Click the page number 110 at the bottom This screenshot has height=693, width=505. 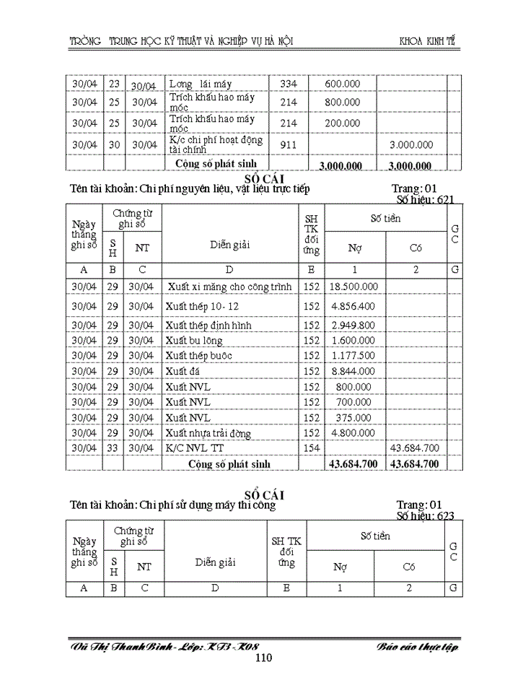pos(263,658)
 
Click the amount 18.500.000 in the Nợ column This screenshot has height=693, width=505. pos(354,287)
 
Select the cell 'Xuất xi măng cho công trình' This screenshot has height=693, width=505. pos(229,287)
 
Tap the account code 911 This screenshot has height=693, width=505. pos(289,144)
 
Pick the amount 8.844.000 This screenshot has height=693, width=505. pos(354,371)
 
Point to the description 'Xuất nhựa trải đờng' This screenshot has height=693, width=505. pos(208,433)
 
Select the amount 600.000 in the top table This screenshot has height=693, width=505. pos(343,84)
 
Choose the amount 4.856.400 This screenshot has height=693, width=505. pos(354,306)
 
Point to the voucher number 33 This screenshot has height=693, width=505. pos(113,448)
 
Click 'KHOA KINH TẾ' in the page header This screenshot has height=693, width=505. pos(429,40)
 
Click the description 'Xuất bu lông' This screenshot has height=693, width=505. pos(193,340)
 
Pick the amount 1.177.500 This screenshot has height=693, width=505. pos(354,355)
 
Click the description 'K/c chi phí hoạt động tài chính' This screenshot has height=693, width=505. pos(216,144)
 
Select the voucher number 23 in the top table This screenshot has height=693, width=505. pos(114,84)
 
